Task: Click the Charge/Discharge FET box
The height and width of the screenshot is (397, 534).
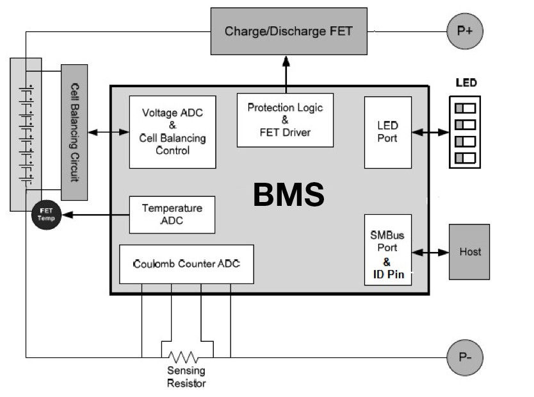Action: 289,31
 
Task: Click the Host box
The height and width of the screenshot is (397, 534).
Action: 469,251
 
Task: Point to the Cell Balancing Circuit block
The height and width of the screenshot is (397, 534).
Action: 74,131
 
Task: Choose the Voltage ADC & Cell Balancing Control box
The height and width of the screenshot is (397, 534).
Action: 172,132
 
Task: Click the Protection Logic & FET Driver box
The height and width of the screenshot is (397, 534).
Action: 285,119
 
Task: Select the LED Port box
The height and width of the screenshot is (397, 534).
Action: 387,132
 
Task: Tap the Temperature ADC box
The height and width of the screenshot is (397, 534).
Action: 172,214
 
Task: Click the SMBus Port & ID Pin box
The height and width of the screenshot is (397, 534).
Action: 387,251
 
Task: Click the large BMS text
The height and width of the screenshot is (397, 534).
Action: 288,195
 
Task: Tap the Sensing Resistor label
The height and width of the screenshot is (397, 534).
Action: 186,377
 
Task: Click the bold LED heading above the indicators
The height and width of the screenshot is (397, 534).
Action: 465,83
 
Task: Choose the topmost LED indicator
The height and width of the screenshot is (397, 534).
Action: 465,107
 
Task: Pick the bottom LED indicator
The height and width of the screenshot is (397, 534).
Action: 465,157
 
